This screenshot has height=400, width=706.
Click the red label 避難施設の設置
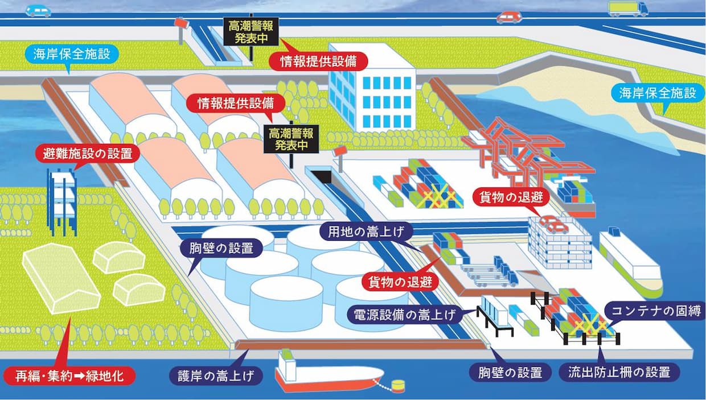[x=87, y=154]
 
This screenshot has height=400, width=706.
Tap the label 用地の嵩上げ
[x=366, y=232]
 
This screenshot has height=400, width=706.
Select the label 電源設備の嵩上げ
[x=405, y=314]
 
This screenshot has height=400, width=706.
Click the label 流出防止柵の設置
[x=619, y=372]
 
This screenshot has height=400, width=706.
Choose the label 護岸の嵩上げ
[x=216, y=376]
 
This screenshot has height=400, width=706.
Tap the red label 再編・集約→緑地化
[x=69, y=376]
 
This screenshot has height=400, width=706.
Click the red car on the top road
[x=509, y=18]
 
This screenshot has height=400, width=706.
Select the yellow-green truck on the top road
[x=628, y=9]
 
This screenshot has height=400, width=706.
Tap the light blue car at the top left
[x=38, y=11]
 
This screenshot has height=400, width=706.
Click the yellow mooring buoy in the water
[x=398, y=386]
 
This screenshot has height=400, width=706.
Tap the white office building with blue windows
[x=372, y=88]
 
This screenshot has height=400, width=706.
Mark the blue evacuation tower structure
[x=62, y=201]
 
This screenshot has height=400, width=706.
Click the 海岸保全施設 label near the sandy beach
[x=658, y=93]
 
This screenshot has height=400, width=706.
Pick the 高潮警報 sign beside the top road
[x=251, y=31]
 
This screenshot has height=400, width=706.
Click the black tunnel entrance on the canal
[x=322, y=177]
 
